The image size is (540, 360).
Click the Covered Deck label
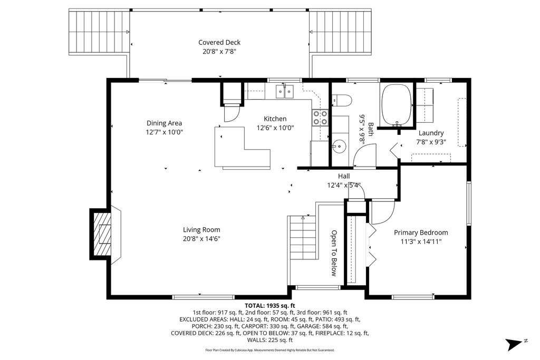click(219, 42)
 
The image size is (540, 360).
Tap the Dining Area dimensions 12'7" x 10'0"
click(165, 132)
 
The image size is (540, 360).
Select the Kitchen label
click(275, 119)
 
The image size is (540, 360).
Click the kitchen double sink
click(284, 92)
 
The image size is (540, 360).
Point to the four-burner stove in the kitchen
click(320, 118)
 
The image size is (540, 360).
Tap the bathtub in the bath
click(397, 105)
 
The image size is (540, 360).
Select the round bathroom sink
click(339, 147)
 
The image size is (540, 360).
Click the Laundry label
click(431, 133)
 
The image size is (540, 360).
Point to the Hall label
click(344, 176)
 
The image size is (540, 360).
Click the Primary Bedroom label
click(421, 232)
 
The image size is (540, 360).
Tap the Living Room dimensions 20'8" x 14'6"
click(201, 239)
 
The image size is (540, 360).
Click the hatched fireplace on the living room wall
click(101, 234)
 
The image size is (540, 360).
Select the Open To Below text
click(334, 253)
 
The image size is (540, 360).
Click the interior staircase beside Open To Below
click(302, 238)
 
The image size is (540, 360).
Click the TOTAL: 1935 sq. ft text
click(270, 306)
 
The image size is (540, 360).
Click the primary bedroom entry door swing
click(383, 212)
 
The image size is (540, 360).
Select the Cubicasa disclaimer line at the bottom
click(269, 351)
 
